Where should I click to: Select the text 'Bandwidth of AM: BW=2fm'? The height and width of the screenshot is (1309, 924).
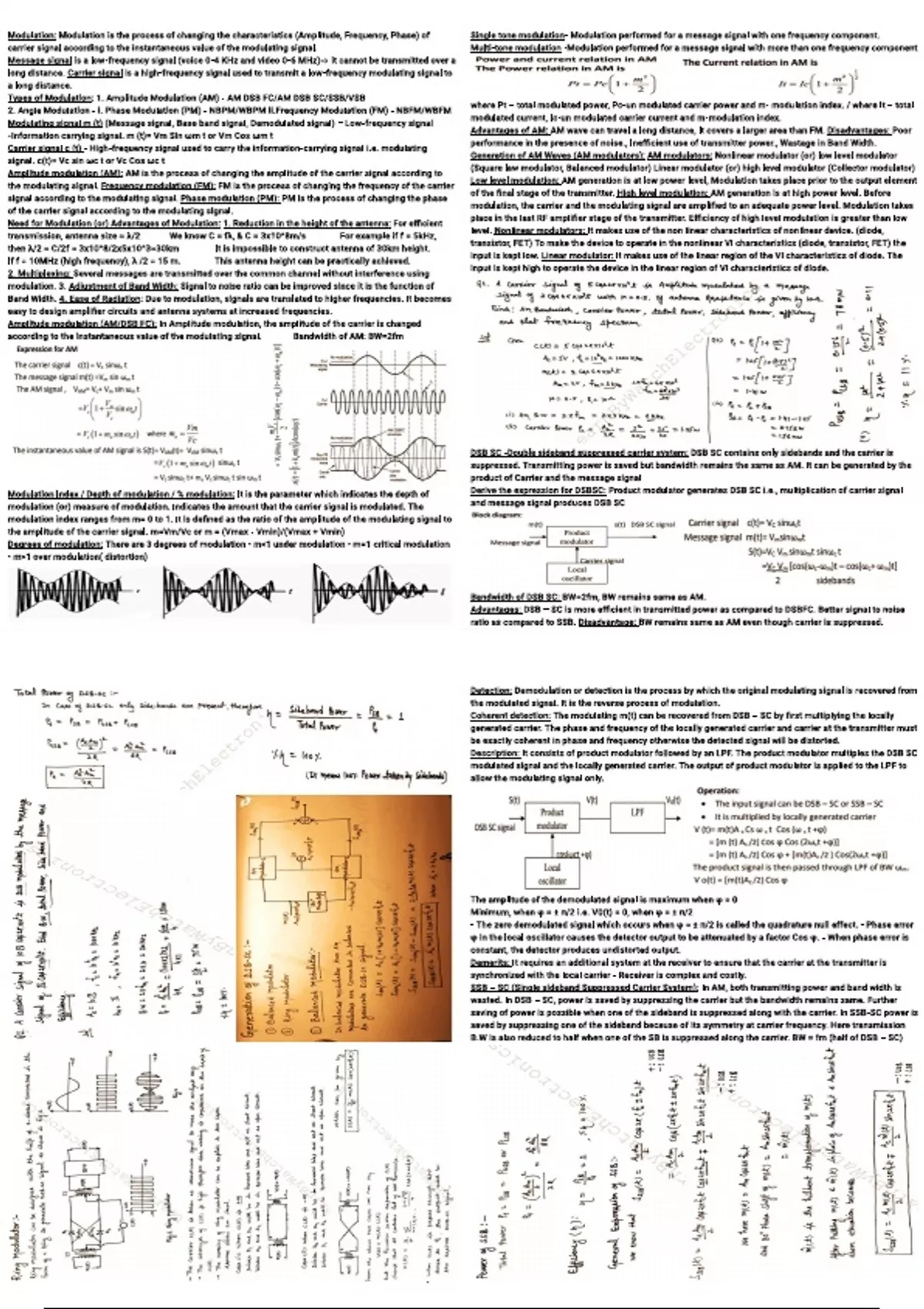[348, 336]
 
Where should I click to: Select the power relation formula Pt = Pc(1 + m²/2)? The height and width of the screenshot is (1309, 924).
[612, 84]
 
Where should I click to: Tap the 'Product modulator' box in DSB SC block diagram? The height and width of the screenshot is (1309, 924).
[577, 537]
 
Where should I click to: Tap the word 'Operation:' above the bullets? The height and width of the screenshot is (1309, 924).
[717, 790]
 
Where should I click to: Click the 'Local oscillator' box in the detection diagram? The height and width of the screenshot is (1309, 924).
[552, 872]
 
